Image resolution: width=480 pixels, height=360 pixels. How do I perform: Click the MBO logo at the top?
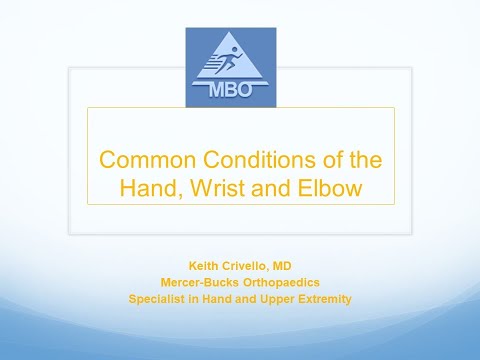[x=232, y=67]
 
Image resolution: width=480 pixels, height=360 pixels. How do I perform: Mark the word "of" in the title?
[x=317, y=160]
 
